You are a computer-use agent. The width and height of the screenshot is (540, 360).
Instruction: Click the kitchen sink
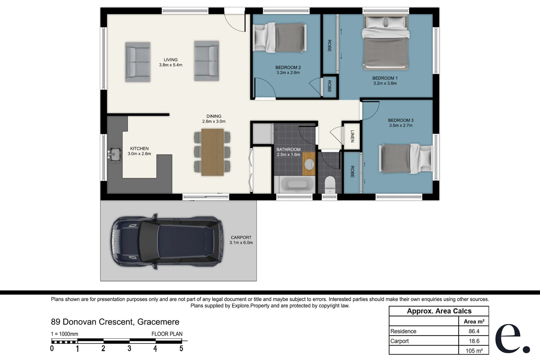pyautogui.click(x=115, y=154)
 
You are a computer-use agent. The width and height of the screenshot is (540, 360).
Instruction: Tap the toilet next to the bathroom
pyautogui.click(x=330, y=185)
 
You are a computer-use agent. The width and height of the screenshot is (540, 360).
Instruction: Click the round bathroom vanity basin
pyautogui.click(x=309, y=164)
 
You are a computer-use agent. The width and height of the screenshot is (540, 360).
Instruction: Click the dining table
pyautogui.click(x=212, y=152)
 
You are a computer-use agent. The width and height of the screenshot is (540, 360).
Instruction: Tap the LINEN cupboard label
pyautogui.click(x=352, y=136)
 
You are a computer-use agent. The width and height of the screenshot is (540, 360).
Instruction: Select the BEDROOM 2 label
pyautogui.click(x=288, y=68)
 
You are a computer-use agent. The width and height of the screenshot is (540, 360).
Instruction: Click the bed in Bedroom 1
pyautogui.click(x=386, y=42)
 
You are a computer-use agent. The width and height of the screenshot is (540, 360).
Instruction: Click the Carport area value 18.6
pyautogui.click(x=474, y=341)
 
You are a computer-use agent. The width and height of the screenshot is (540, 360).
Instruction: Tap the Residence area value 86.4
pyautogui.click(x=474, y=331)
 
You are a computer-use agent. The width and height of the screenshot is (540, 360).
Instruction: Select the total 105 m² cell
pyautogui.click(x=474, y=351)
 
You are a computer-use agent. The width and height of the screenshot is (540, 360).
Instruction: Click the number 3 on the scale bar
pyautogui.click(x=129, y=348)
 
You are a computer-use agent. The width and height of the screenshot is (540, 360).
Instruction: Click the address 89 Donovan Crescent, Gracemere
pyautogui.click(x=115, y=322)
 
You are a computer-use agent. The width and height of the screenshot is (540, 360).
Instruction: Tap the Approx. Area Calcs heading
pyautogui.click(x=439, y=311)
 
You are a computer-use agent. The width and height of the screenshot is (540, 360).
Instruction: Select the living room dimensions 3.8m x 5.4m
pyautogui.click(x=171, y=65)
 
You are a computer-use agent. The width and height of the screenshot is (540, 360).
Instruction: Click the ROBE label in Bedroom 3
pyautogui.click(x=352, y=172)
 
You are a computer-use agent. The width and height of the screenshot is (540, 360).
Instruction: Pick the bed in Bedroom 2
pyautogui.click(x=280, y=38)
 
